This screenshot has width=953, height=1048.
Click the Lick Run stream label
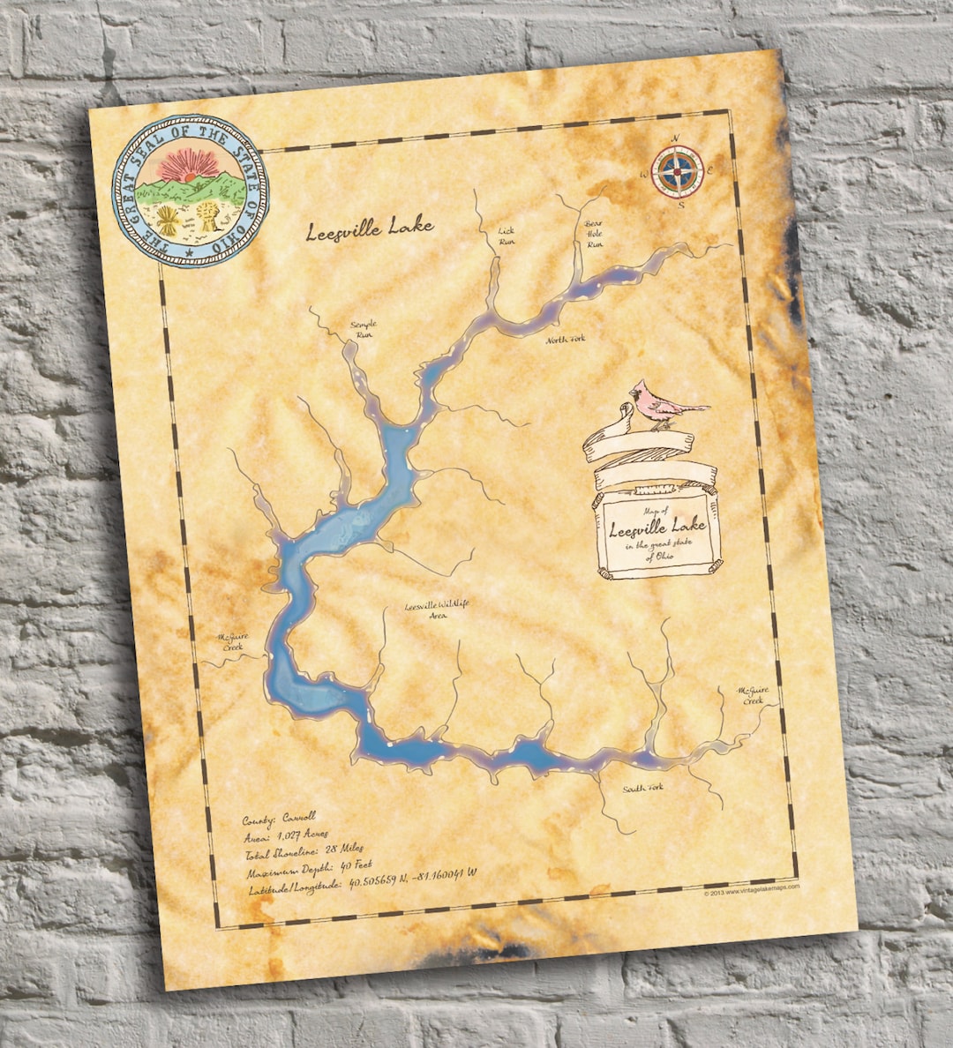(507, 236)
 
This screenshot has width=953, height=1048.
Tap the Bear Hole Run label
(595, 234)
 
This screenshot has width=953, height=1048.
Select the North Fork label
(565, 340)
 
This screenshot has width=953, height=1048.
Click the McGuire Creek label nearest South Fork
(754, 695)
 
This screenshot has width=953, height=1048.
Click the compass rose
(678, 170)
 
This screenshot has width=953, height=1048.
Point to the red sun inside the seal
(186, 165)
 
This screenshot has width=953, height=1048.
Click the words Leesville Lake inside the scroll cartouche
(657, 528)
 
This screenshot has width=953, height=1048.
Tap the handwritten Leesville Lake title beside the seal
(370, 229)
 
